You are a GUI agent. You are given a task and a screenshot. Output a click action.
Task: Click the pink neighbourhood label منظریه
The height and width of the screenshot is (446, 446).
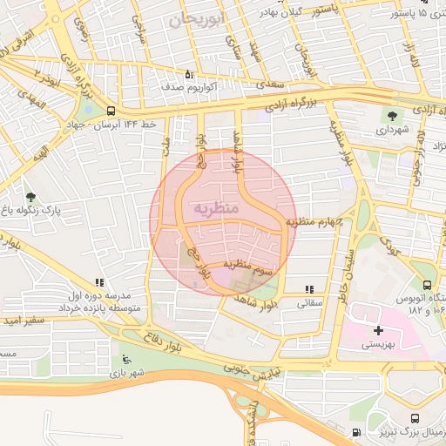click(x=213, y=208)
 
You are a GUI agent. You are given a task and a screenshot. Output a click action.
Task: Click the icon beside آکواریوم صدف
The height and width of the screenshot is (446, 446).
click(x=190, y=74)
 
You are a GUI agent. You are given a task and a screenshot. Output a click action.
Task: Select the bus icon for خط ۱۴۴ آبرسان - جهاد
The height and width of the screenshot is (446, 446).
click(x=110, y=111)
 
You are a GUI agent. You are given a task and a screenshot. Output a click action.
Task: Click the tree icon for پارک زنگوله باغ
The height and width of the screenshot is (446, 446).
click(x=32, y=198)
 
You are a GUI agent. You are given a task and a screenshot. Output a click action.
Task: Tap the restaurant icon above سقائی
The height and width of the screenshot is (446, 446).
click(x=309, y=289)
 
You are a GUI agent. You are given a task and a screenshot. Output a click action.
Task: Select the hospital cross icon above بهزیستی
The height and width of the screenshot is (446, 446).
click(x=378, y=330)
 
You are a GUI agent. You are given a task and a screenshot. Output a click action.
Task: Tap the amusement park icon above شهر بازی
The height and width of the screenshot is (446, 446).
click(x=127, y=359)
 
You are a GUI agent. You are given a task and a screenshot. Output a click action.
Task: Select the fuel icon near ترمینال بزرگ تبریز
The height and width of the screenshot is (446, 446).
click(x=355, y=433)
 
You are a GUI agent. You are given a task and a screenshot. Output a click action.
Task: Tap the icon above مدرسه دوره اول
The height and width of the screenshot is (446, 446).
click(x=98, y=282)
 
